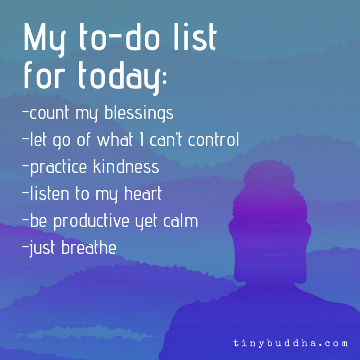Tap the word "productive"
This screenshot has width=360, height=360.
98,221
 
